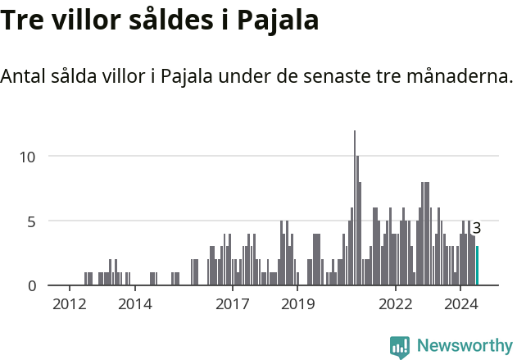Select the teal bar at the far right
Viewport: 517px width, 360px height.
pos(477,266)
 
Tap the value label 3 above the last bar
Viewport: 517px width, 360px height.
pos(477,229)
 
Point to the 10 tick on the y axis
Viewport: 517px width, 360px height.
pos(29,156)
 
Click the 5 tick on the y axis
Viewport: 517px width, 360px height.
pos(33,221)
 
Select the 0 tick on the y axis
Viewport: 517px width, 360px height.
pos(33,285)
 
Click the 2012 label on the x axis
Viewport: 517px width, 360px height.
pos(70,305)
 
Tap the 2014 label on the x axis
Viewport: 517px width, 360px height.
pos(134,305)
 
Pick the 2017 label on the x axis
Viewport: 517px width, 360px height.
pos(233,305)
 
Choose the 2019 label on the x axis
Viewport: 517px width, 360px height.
pos(297,305)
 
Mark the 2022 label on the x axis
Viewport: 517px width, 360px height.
pos(395,305)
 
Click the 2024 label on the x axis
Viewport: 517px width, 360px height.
pos(460,305)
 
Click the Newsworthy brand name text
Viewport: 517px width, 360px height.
pos(465,346)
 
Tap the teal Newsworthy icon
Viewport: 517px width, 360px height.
pos(400,347)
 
